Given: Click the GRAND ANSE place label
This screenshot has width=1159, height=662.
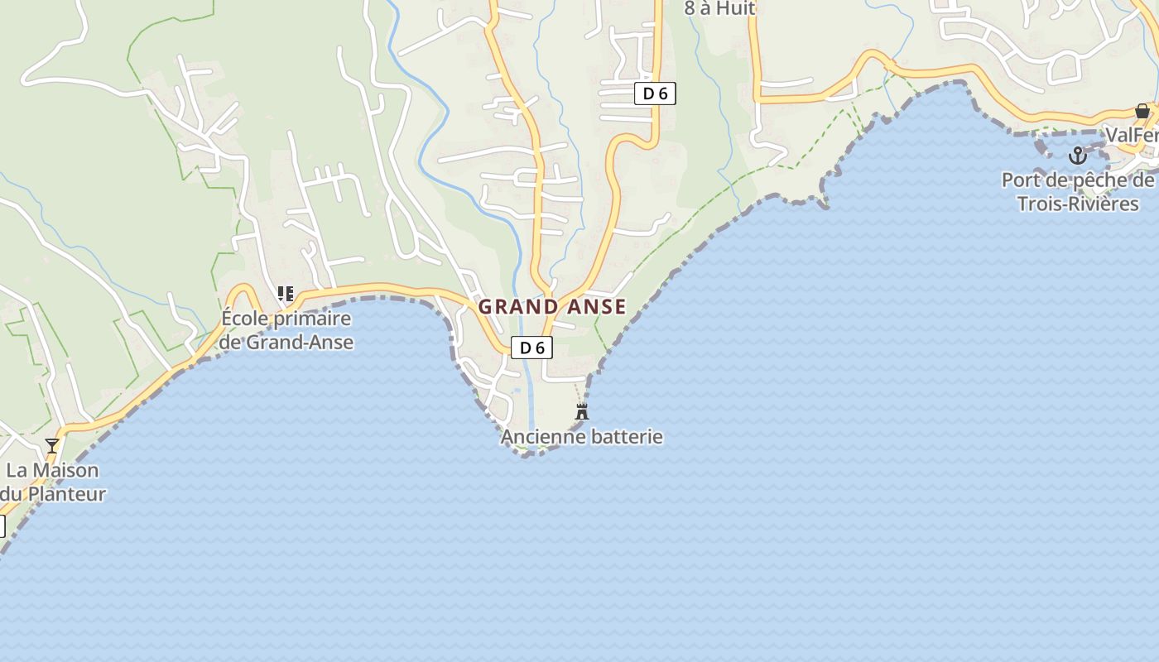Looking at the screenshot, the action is coord(552,307).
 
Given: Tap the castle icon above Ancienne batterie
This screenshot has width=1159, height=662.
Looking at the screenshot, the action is coord(582,411).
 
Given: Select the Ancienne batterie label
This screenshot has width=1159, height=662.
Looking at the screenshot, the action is coord(582,436).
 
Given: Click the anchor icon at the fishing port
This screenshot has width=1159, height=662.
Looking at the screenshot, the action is coord(1077,155).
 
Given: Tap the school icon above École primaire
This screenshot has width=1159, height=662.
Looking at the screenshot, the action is coord(286,294).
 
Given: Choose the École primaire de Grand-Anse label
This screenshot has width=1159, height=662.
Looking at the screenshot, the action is coord(286,330).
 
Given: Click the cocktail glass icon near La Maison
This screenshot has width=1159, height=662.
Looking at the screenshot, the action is coord(52,446).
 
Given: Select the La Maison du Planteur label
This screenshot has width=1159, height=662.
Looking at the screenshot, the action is coord(52,482).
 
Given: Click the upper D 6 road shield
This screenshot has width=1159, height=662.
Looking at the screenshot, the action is coord(655,94).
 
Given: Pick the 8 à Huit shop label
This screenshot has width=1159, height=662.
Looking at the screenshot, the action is coord(719,9).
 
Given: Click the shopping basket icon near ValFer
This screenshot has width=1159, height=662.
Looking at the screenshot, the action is coord(1142,111).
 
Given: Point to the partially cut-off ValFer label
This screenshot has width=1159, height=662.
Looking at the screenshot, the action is coord(1132,135).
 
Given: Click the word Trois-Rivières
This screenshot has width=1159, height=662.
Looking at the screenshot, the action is coord(1078,204).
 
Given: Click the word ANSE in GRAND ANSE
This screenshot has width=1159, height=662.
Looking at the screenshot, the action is coord(596,307).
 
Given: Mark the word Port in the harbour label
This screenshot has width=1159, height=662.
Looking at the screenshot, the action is coord(1022,180).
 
